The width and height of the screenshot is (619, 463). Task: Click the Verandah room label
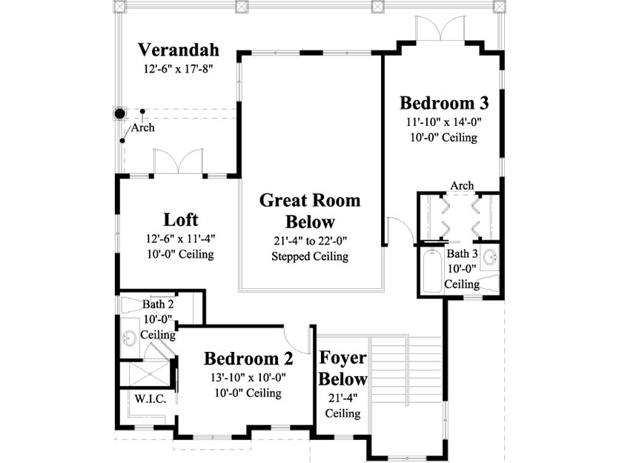pos(179,50)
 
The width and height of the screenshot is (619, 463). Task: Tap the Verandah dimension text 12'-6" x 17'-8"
pos(179,69)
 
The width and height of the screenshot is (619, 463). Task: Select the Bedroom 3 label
pos(444,103)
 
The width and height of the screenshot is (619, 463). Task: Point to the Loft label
pos(181,220)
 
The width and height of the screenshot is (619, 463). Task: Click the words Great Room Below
pos(310,211)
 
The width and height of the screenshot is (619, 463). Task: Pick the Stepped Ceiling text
pos(310,256)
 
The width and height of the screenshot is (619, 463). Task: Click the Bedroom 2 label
pos(248,359)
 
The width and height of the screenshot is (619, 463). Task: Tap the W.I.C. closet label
pos(150,399)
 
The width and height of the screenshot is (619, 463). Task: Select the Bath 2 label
pos(158,304)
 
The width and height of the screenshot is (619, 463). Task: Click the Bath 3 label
pos(462,253)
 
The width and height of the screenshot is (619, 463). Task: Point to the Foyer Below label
pos(342,368)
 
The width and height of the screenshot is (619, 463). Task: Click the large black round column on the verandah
pos(119,114)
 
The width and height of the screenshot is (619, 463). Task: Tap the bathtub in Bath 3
pos(432,271)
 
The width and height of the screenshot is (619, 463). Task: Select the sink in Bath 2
pos(129,338)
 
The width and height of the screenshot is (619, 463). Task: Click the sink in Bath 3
pos(490,257)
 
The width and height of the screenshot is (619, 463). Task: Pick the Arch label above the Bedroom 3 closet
pos(462,185)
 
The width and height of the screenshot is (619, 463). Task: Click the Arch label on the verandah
pos(142,127)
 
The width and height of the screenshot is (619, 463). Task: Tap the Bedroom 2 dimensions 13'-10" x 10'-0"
pos(248,377)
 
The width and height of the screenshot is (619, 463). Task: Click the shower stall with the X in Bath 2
pos(150,373)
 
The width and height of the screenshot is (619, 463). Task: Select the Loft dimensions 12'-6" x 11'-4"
pos(181,239)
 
